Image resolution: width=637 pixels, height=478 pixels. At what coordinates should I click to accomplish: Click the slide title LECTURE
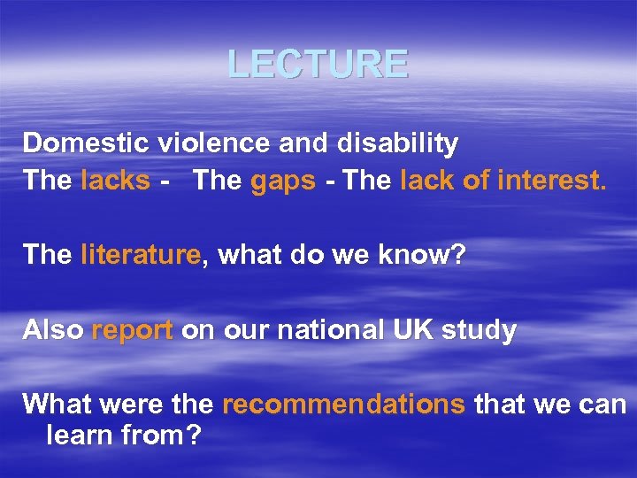(x=318, y=64)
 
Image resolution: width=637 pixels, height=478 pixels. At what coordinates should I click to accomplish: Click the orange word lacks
(x=115, y=181)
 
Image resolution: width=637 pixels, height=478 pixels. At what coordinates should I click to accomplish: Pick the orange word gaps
(x=283, y=181)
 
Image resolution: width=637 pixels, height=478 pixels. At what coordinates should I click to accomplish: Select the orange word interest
(x=553, y=181)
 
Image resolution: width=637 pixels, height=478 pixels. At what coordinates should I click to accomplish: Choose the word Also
(x=53, y=330)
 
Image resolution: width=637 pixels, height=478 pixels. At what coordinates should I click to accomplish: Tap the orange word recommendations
(x=343, y=405)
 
